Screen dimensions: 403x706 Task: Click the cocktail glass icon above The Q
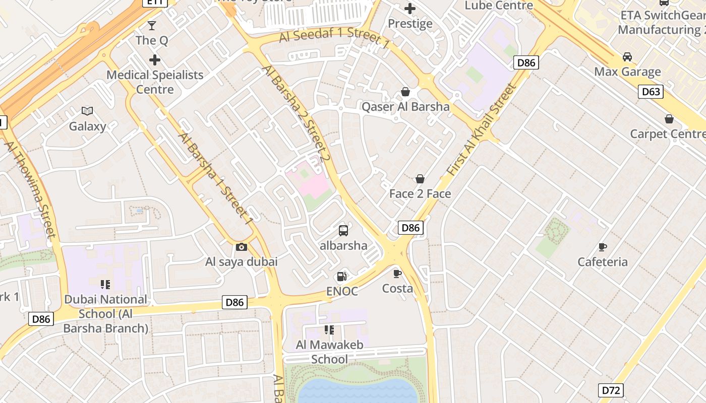click(152, 25)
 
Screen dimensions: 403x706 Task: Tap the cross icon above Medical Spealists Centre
click(155, 60)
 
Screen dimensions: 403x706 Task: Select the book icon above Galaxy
click(87, 111)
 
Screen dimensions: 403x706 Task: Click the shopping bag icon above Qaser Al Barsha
click(405, 92)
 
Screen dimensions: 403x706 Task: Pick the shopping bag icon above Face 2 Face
click(420, 179)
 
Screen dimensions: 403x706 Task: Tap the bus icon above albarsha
click(343, 231)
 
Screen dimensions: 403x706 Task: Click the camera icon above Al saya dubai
click(242, 247)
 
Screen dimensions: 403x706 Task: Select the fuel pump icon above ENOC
click(342, 276)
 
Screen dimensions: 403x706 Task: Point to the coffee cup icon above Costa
click(397, 274)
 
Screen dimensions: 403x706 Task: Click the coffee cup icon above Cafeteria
click(602, 247)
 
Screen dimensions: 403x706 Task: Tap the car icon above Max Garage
click(627, 56)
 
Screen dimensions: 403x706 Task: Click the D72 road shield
click(612, 390)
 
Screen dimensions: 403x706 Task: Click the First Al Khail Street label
click(482, 130)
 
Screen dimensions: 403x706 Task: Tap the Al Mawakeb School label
click(329, 352)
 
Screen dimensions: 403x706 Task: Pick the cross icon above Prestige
click(410, 9)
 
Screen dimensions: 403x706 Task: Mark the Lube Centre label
click(499, 6)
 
